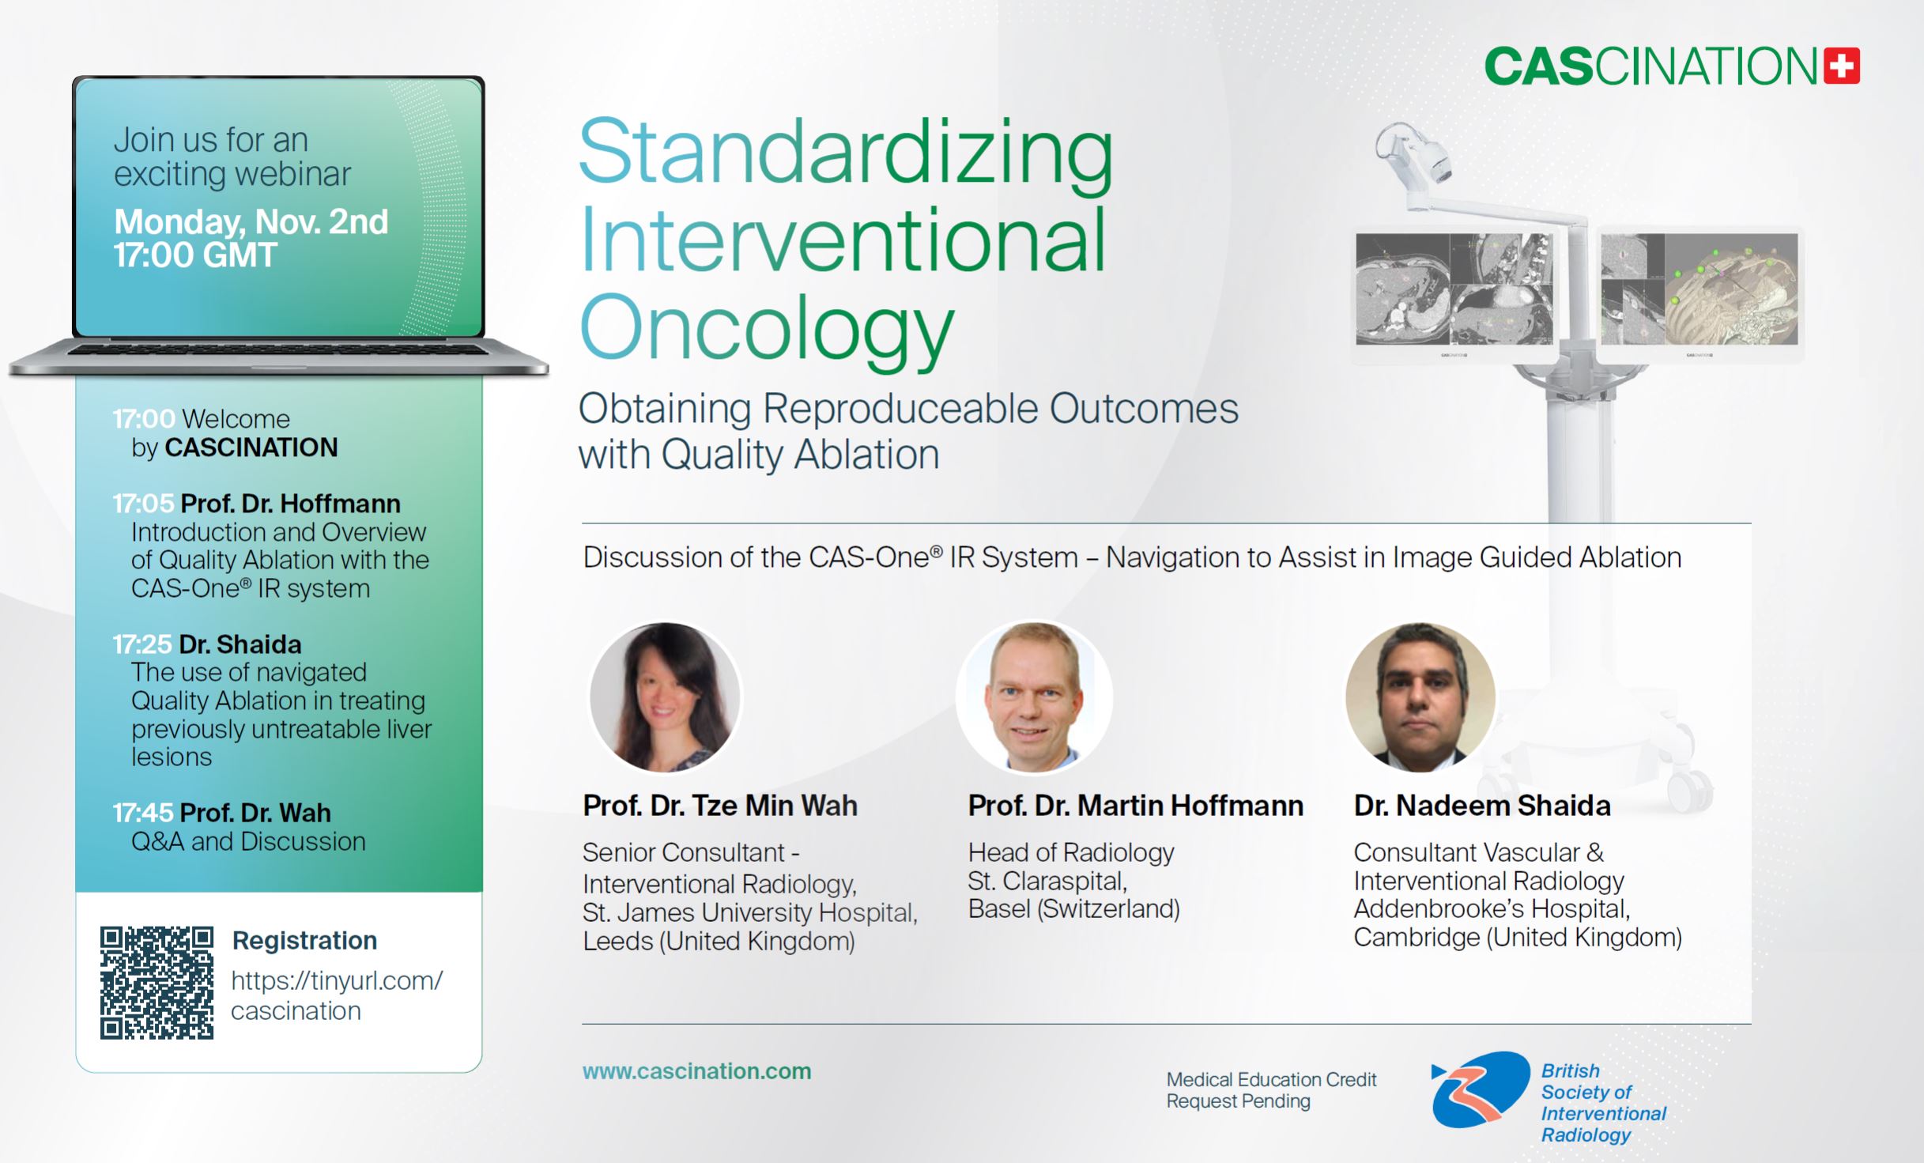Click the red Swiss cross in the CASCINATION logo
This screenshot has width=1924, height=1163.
click(1842, 66)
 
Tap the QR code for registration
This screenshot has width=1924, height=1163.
click(157, 982)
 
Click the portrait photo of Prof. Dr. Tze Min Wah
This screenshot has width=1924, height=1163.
click(666, 697)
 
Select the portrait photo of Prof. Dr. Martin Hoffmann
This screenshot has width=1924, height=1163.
click(1034, 697)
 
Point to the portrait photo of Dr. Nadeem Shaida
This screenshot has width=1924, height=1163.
click(1420, 697)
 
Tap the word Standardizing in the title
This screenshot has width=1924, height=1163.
click(846, 153)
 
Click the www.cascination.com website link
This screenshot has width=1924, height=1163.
click(696, 1071)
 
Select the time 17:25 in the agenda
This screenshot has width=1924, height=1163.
click(142, 644)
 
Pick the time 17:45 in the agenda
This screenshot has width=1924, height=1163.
click(143, 813)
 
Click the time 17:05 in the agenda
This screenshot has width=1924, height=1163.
click(143, 504)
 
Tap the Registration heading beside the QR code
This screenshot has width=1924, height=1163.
click(304, 941)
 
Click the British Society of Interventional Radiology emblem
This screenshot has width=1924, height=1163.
click(1481, 1089)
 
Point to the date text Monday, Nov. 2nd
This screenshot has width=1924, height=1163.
click(251, 222)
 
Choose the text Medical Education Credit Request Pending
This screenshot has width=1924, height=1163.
click(1271, 1090)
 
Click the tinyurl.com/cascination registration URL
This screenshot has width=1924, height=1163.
click(337, 996)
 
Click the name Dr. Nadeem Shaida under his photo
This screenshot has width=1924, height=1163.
click(1482, 806)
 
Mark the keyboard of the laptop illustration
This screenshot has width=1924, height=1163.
click(278, 349)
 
